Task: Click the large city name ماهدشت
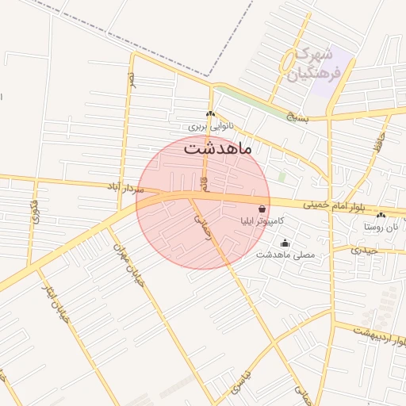pos(216,147)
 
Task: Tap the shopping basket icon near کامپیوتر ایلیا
pos(262,209)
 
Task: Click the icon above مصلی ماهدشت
pos(285,243)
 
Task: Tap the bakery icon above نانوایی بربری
pos(210,114)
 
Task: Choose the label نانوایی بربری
pos(208,126)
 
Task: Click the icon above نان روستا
pos(381,214)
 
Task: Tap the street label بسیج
pos(295,118)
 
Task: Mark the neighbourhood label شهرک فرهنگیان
pos(310,66)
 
